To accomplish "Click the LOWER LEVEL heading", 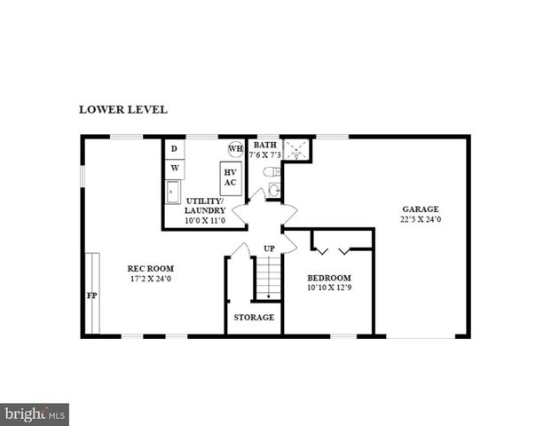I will pos(123,110).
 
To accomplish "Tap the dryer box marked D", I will pos(175,148).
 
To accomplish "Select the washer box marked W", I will pos(175,167).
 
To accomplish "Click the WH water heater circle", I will pos(236,148).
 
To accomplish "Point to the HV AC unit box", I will pos(230,177).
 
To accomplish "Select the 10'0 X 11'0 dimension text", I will pos(204,220).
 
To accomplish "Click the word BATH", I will pos(265,145).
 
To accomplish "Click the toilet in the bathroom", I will pos(274,171).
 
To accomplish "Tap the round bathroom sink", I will pos(273,188).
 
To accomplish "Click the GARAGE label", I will pos(421,209).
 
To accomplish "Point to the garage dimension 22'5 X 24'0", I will pos(421,219).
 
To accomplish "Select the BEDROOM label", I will pos(328,277).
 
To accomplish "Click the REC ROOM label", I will pos(150,268).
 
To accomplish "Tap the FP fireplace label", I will pos(91,296).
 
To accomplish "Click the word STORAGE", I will pos(254,317).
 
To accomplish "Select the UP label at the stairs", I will pos(269,248).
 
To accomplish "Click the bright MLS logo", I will pos(35,414).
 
